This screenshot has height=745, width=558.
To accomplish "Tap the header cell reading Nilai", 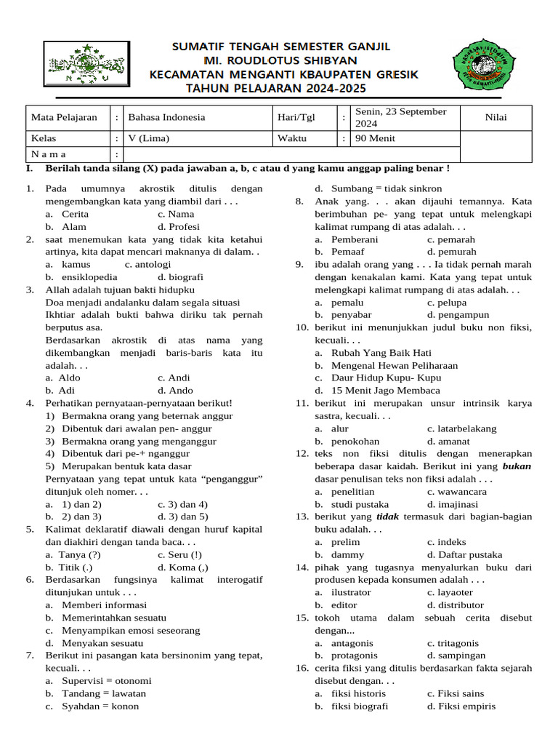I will (497, 117).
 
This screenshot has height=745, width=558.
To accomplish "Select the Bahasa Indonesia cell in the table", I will (166, 117).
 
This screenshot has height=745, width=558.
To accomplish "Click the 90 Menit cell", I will (376, 138).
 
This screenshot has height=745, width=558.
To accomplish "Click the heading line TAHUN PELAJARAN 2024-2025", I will (277, 89).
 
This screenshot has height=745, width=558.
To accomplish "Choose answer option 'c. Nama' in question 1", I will (175, 214).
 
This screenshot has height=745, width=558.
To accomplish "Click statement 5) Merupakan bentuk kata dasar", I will (118, 466).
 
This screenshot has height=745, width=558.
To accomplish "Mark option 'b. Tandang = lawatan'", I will (95, 693).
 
